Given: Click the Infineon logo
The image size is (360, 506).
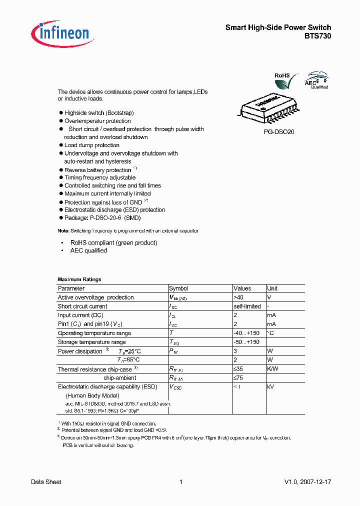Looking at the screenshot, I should [60, 33].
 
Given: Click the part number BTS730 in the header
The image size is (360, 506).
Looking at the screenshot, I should [318, 36].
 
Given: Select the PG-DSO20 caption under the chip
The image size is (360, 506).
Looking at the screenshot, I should [279, 133].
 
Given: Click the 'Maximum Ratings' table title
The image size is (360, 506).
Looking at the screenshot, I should [79, 279].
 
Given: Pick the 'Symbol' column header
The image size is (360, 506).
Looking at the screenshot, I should [178, 288].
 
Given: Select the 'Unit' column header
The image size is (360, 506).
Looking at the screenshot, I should [272, 288].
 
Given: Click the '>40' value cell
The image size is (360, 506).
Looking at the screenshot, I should [239, 297].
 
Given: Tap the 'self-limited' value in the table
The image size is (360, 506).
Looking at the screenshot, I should [247, 306].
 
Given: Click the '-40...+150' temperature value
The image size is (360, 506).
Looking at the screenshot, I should [246, 333].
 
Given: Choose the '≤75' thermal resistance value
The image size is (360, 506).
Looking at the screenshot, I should [238, 378].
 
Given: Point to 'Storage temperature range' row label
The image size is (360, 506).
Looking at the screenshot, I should [91, 342].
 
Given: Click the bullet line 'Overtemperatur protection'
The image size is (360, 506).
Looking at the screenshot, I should [97, 121].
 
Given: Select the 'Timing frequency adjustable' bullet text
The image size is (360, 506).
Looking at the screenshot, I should [100, 177].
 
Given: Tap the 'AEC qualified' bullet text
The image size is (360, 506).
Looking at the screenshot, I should [88, 250].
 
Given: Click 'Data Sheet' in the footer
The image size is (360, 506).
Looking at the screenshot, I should [46, 482].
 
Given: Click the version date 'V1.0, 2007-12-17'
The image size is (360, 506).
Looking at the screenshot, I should [307, 482].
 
